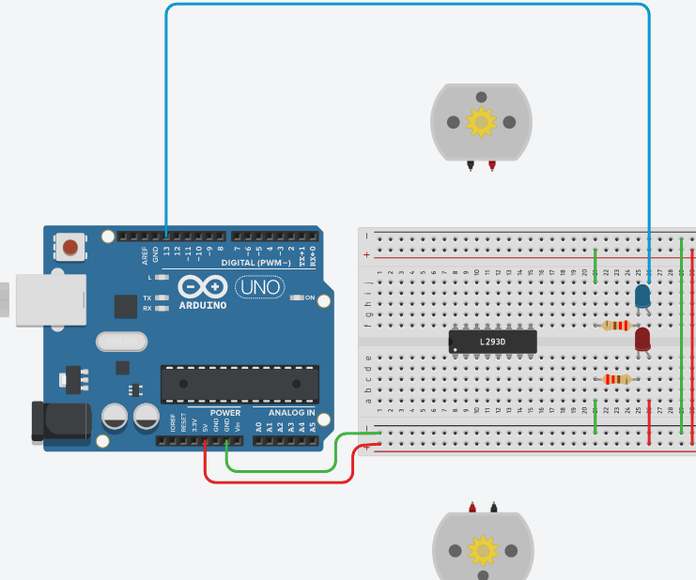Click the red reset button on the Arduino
pyautogui.click(x=70, y=248)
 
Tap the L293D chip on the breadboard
pyautogui.click(x=492, y=342)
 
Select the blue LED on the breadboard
pyautogui.click(x=643, y=296)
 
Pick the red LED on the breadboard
pyautogui.click(x=643, y=339)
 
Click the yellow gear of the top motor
pyautogui.click(x=481, y=122)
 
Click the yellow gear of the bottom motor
pyautogui.click(x=483, y=549)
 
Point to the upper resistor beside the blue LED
pyautogui.click(x=616, y=326)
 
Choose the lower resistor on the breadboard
pyautogui.click(x=616, y=379)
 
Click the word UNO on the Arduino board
pyautogui.click(x=258, y=287)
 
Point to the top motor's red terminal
pyautogui.click(x=492, y=166)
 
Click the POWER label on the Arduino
pyautogui.click(x=224, y=413)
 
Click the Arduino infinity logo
pyautogui.click(x=199, y=285)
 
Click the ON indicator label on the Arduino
pyautogui.click(x=309, y=298)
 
